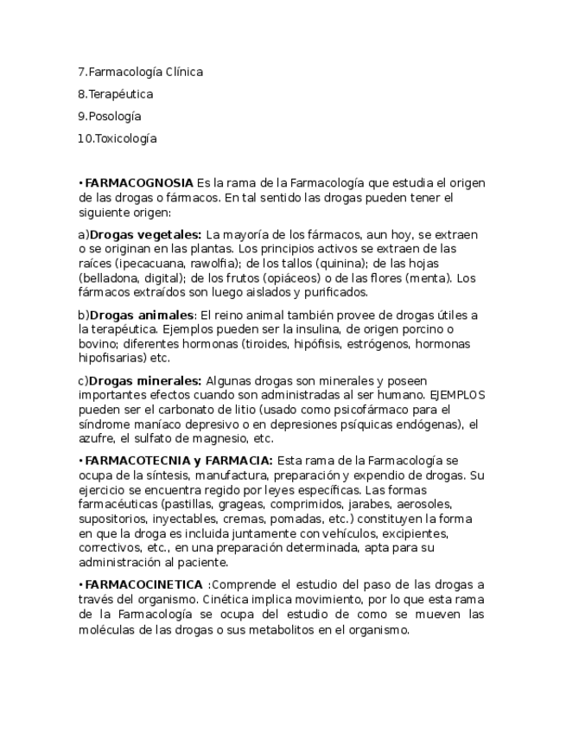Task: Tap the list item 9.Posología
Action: [109, 117]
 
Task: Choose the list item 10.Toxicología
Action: [118, 138]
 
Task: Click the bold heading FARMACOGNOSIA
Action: [139, 183]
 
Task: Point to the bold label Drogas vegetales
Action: [145, 234]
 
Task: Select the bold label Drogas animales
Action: [142, 315]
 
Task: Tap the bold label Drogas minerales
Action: [145, 380]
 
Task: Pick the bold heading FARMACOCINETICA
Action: [144, 585]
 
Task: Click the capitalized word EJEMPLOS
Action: [457, 395]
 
